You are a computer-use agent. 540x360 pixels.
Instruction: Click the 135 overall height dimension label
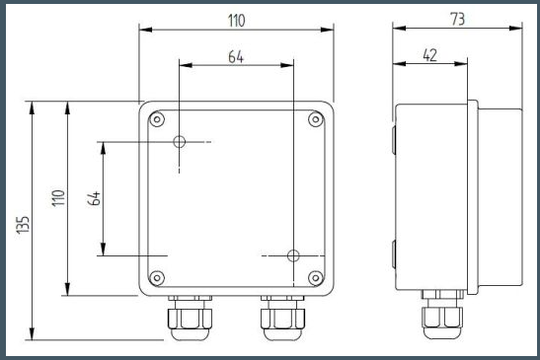click(x=23, y=225)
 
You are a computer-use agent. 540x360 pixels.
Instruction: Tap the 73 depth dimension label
click(x=458, y=19)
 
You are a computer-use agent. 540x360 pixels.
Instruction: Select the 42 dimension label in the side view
click(x=429, y=55)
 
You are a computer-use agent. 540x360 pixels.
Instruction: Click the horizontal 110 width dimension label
click(x=237, y=21)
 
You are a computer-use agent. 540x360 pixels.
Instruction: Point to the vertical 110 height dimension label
click(x=58, y=198)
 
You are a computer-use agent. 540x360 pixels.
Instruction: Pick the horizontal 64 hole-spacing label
click(x=236, y=57)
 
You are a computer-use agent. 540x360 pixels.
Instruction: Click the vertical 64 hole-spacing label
click(x=94, y=198)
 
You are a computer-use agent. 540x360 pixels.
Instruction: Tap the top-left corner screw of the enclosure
click(x=157, y=119)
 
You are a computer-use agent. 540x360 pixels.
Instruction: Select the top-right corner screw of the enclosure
click(x=316, y=119)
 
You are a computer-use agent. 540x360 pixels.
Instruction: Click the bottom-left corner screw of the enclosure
click(x=157, y=277)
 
